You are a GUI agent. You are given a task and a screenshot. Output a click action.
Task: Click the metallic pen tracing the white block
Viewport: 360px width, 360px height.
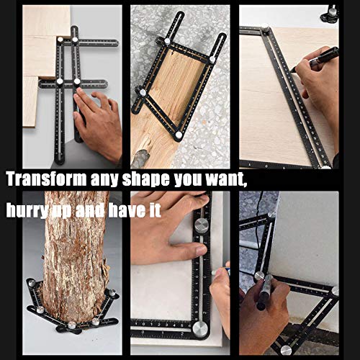coord(264,292)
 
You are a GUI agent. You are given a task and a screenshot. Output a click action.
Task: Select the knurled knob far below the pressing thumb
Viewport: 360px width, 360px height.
coord(200,329)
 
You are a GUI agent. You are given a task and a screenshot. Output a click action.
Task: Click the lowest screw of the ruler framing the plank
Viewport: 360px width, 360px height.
coord(177,135)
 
